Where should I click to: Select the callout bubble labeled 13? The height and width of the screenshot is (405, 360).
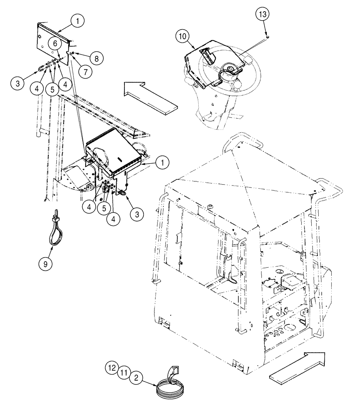tap(262, 15)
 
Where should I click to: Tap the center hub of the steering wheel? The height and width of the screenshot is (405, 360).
tap(229, 70)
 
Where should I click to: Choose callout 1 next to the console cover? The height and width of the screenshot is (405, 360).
tap(162, 162)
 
